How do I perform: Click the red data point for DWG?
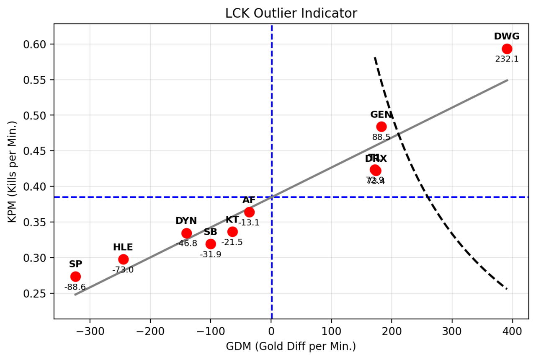(507, 49)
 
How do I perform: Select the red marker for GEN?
(381, 127)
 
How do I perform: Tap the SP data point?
(75, 277)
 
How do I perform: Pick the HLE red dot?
(123, 259)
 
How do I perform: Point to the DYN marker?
(186, 233)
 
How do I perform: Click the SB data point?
(211, 244)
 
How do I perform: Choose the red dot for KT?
(232, 232)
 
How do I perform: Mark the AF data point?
(249, 212)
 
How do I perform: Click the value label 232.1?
(507, 59)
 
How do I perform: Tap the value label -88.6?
(75, 287)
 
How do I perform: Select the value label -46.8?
(186, 243)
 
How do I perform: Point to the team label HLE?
(123, 247)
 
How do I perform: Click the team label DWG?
(507, 36)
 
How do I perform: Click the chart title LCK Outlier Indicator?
(291, 13)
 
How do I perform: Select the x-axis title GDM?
(291, 347)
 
